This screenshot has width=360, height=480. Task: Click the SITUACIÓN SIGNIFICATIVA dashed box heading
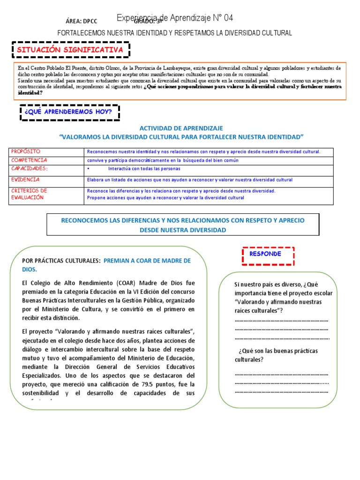[70, 50]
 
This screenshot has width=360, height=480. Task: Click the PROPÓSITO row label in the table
[26, 152]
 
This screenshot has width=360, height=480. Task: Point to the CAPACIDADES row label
[29, 168]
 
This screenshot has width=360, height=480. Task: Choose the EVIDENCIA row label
[26, 180]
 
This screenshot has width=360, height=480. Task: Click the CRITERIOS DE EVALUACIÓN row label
[29, 194]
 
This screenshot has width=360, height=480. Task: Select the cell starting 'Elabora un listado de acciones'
[189, 180]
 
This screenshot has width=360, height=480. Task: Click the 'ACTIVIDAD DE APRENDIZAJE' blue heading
[181, 128]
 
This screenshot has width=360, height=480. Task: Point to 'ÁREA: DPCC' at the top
[81, 22]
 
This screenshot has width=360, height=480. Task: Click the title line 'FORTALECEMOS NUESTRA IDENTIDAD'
[174, 33]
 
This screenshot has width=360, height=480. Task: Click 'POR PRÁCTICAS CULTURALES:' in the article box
[61, 261]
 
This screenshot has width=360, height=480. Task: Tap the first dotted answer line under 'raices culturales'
[281, 321]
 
